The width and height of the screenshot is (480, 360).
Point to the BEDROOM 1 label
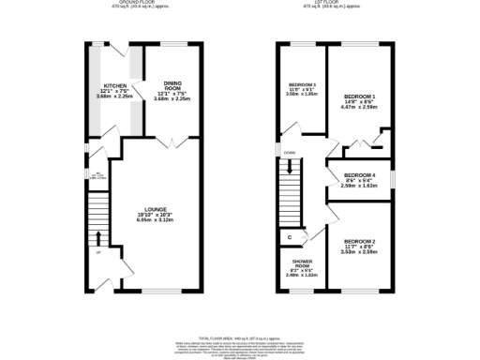pyautogui.click(x=359, y=97)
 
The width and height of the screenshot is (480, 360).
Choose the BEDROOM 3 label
pyautogui.click(x=302, y=85)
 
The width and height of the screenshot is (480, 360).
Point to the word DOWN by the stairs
pyautogui.click(x=290, y=153)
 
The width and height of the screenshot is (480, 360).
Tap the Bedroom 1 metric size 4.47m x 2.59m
pyautogui.click(x=359, y=108)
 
